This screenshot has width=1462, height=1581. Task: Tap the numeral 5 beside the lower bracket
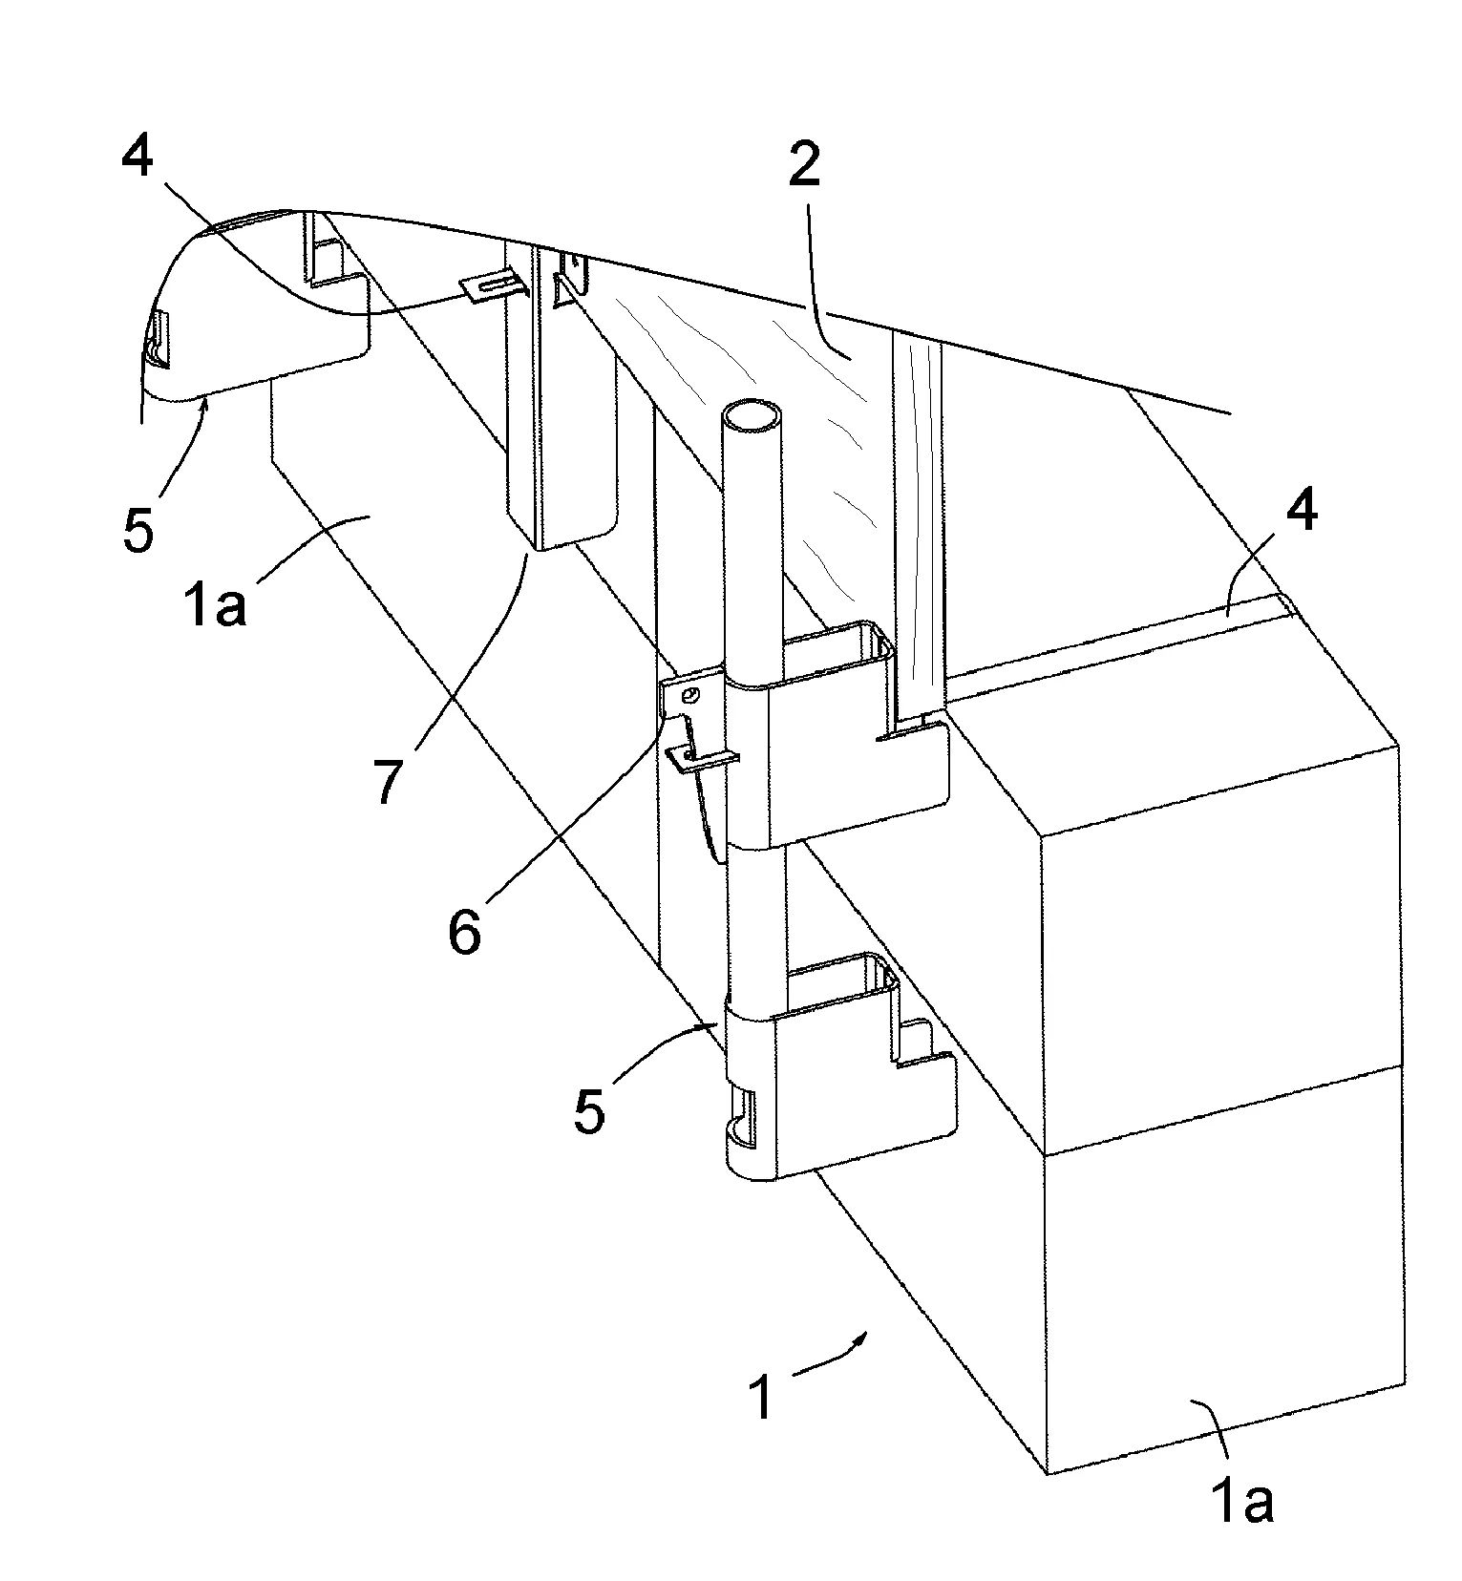click(x=589, y=1111)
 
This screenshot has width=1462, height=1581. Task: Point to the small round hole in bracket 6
click(x=693, y=694)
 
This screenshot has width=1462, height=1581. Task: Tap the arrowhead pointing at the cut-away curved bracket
click(x=202, y=408)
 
